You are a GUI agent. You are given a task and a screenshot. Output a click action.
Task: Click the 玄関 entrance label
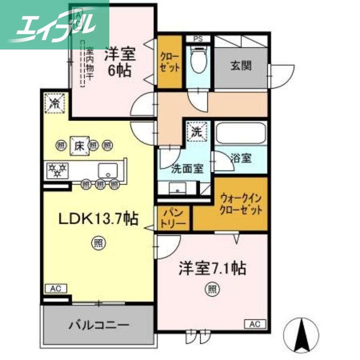(x=241, y=66)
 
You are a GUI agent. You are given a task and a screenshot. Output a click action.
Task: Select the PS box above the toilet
(x=198, y=39)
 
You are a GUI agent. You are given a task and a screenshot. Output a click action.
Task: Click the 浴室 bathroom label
(x=240, y=158)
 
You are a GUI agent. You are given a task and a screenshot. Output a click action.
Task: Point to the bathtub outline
(x=241, y=134)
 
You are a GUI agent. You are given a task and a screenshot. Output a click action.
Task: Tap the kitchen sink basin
(x=107, y=170)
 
